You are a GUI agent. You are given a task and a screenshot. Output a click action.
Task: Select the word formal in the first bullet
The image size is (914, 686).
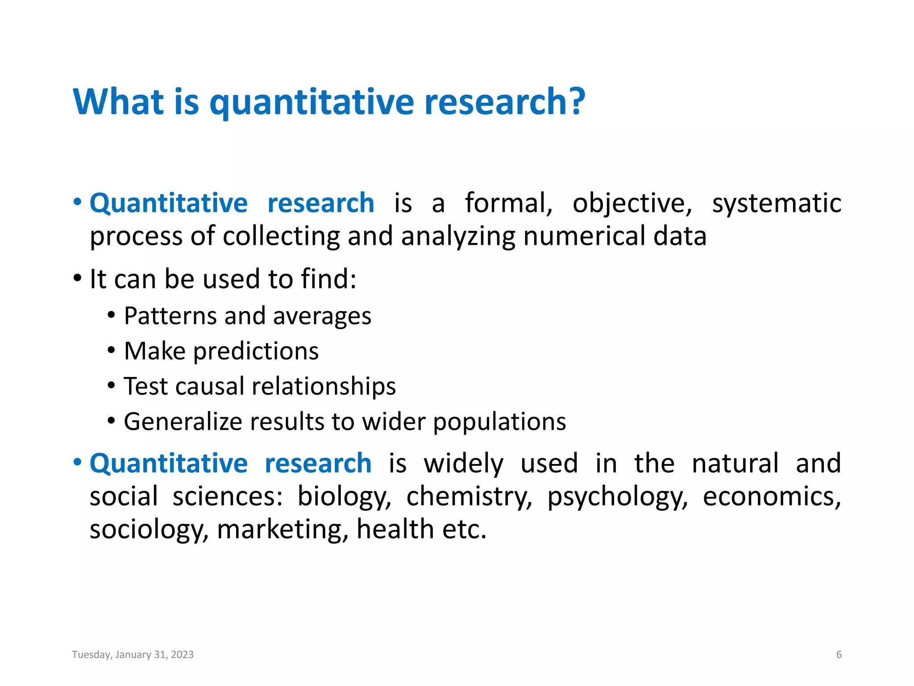coord(508,203)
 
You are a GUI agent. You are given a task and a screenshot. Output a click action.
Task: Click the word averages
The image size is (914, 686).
coord(322,317)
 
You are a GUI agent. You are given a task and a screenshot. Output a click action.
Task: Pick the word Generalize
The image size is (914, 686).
coord(183,422)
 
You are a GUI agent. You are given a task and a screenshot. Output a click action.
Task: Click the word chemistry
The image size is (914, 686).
coord(469,497)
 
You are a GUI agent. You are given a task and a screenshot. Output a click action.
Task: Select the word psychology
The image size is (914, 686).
coord(618,497)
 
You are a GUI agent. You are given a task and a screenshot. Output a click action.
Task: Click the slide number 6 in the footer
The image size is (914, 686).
coord(839,655)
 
